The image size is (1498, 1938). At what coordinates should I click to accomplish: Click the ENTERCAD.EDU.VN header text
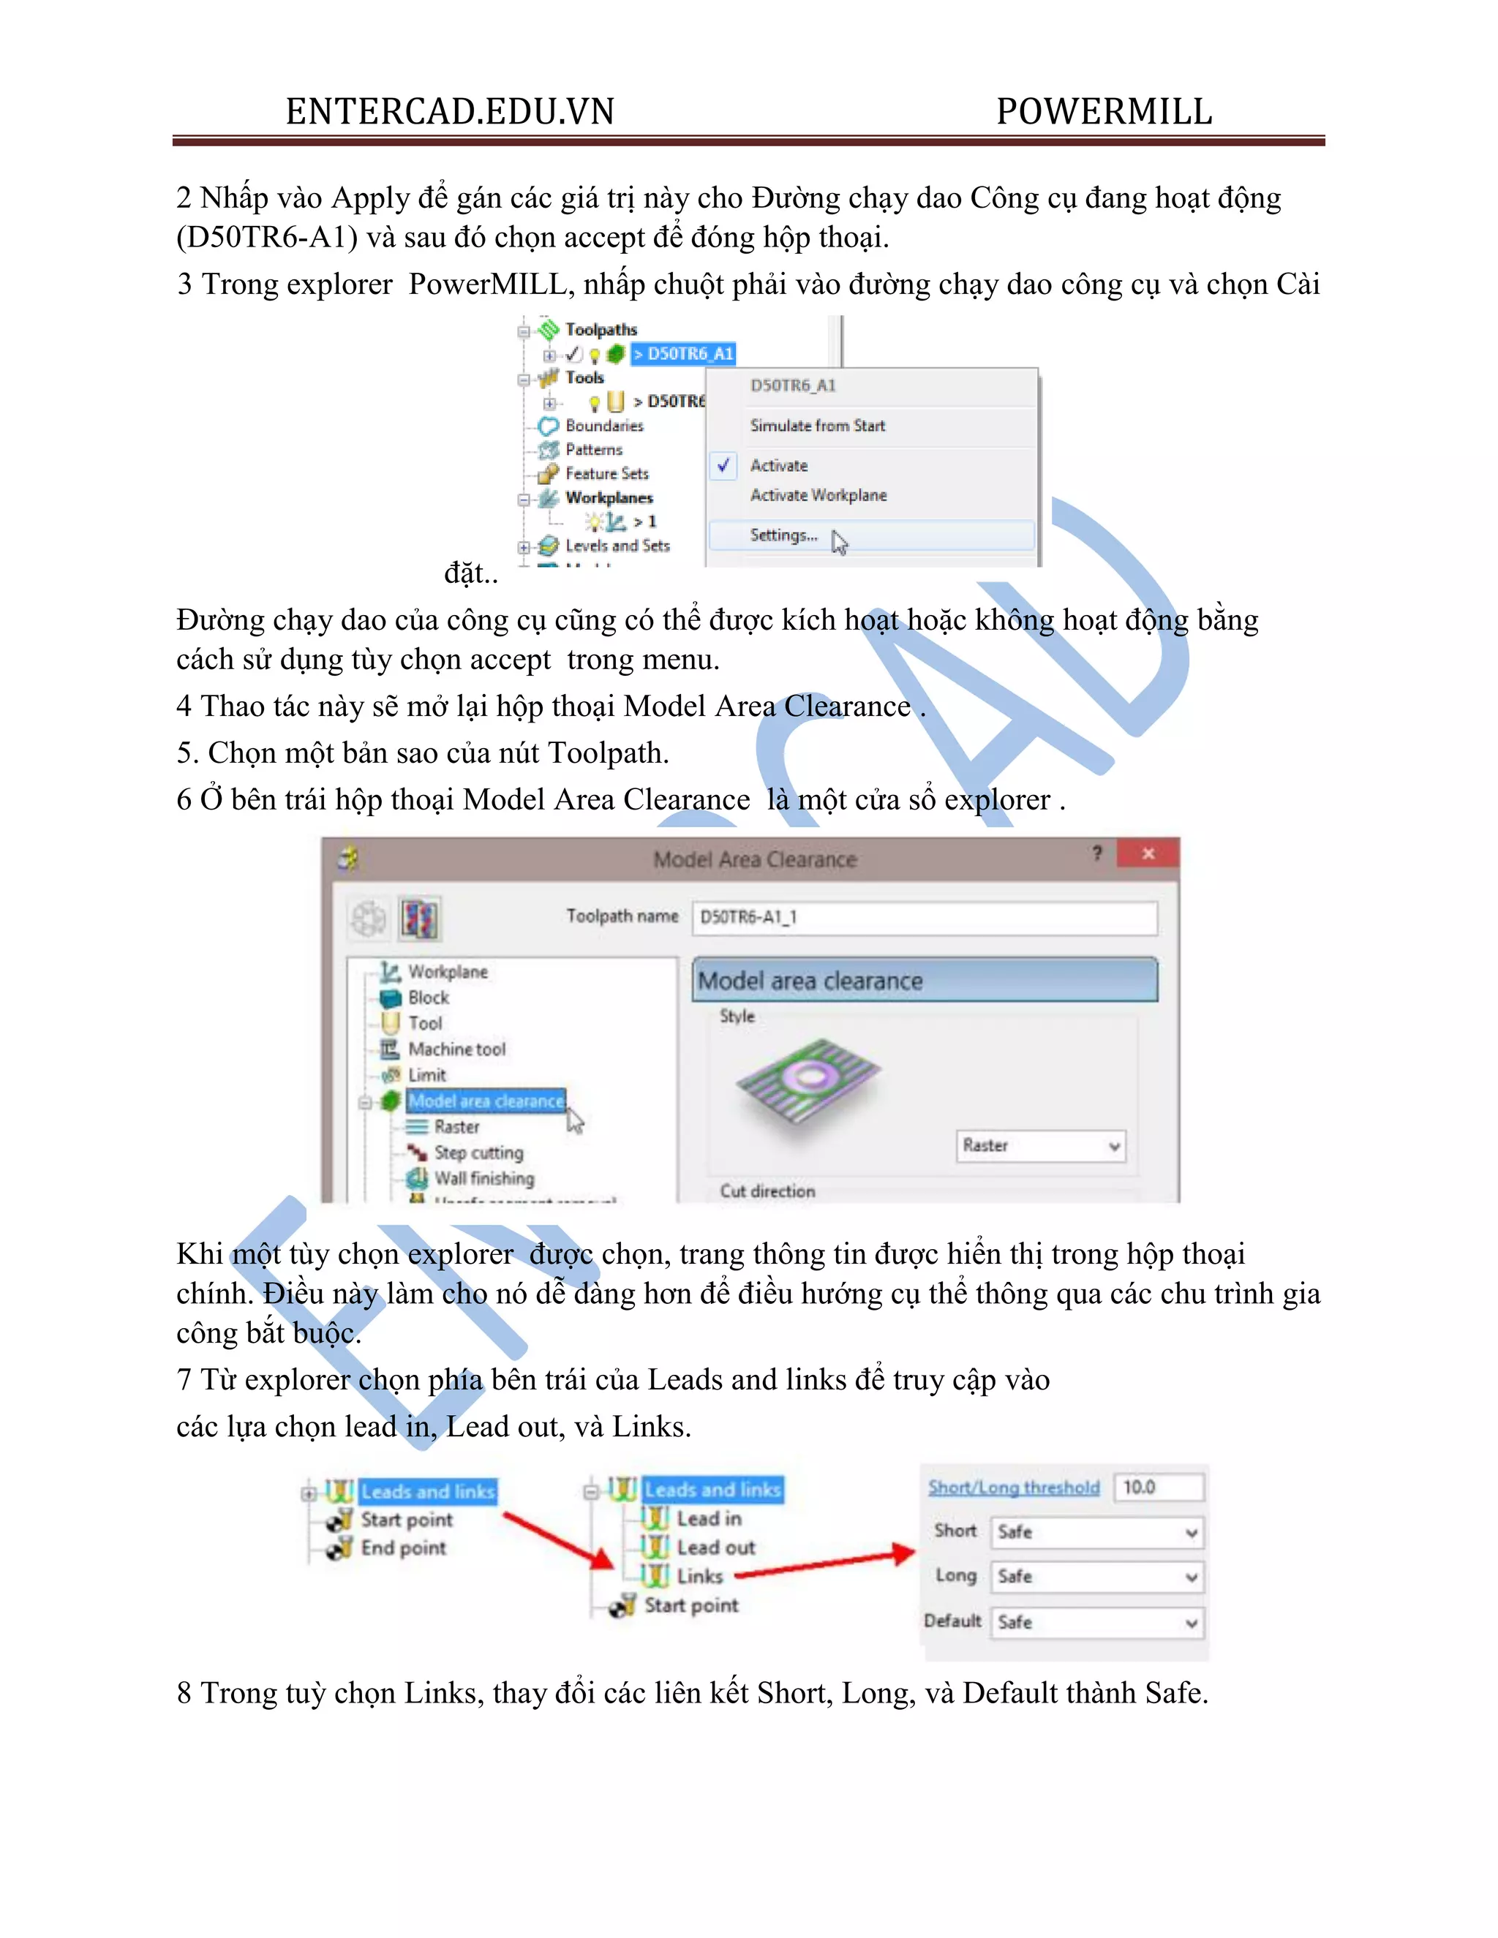450,112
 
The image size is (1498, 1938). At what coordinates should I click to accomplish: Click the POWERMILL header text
1103,112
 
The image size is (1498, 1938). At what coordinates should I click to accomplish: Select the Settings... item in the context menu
783,535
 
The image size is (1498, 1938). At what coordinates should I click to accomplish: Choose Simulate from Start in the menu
817,426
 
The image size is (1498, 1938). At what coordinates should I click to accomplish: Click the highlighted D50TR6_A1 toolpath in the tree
683,354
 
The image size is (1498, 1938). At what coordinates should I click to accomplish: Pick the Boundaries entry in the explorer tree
603,426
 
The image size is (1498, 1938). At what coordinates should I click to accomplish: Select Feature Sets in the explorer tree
606,474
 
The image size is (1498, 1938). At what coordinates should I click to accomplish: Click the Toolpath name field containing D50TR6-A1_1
924,918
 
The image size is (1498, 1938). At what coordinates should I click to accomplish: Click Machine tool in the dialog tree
456,1049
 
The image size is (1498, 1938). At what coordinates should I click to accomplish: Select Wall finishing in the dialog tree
483,1178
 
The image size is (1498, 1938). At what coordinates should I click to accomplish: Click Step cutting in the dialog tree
478,1153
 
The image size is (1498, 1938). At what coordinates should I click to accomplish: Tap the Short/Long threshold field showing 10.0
1158,1488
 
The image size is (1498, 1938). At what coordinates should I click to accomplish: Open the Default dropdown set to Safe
1098,1622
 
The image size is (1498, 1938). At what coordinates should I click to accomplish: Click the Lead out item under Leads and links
715,1547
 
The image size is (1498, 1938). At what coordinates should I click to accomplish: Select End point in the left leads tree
403,1548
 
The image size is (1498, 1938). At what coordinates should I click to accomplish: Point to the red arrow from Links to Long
825,1564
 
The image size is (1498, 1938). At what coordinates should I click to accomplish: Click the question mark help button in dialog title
1098,853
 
